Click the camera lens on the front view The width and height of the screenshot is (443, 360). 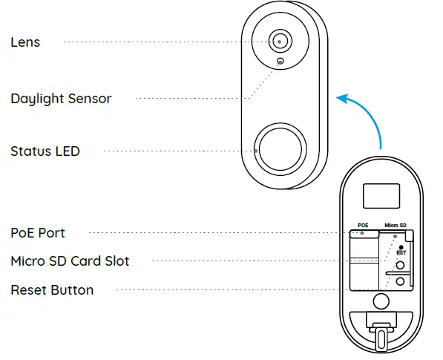point(279,42)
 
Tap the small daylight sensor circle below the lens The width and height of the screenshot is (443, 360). point(280,62)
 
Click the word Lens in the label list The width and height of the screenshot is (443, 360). point(25,42)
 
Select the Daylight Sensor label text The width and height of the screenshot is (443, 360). point(61,99)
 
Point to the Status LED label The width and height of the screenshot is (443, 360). point(45,151)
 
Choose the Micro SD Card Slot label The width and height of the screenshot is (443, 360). point(69,261)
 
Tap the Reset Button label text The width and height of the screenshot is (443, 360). point(52,289)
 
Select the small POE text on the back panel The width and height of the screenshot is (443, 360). point(363,224)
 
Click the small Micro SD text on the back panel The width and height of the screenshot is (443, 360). point(395,224)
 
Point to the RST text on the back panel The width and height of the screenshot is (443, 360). point(401,252)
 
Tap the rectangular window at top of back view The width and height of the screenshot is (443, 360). point(380,196)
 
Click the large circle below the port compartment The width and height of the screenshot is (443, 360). point(381,301)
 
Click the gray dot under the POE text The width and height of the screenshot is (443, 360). point(363,232)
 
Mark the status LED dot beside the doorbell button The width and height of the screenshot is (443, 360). point(257,151)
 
